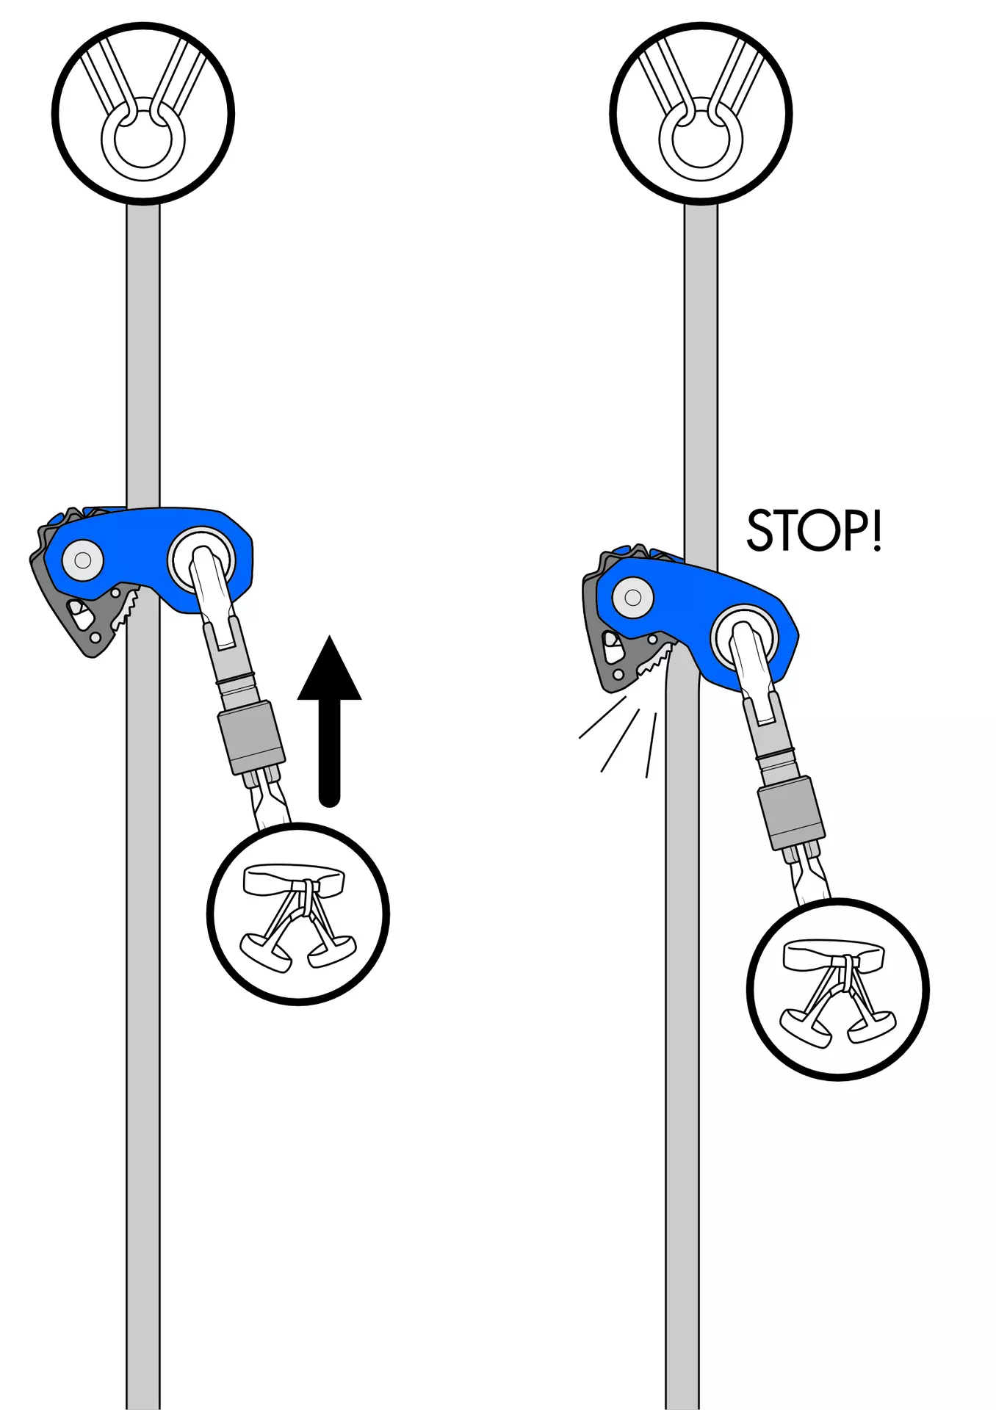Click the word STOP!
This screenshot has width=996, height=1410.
pos(814,530)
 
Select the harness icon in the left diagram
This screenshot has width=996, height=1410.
pos(298,915)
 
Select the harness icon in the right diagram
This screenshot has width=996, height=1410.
pos(838,990)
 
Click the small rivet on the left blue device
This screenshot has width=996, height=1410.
pos(83,560)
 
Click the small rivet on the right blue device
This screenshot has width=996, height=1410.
pos(633,596)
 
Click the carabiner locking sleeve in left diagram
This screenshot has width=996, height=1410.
pos(252,737)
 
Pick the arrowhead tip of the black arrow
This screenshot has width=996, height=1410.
pos(330,635)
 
